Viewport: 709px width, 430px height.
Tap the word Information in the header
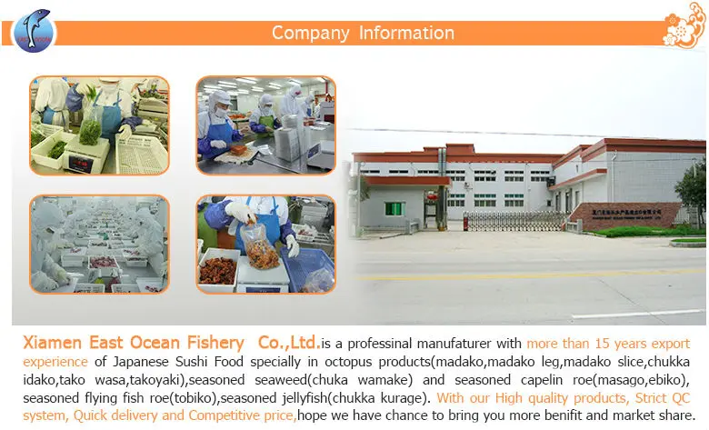pos(406,34)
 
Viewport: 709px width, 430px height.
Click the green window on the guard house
pos(394,209)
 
